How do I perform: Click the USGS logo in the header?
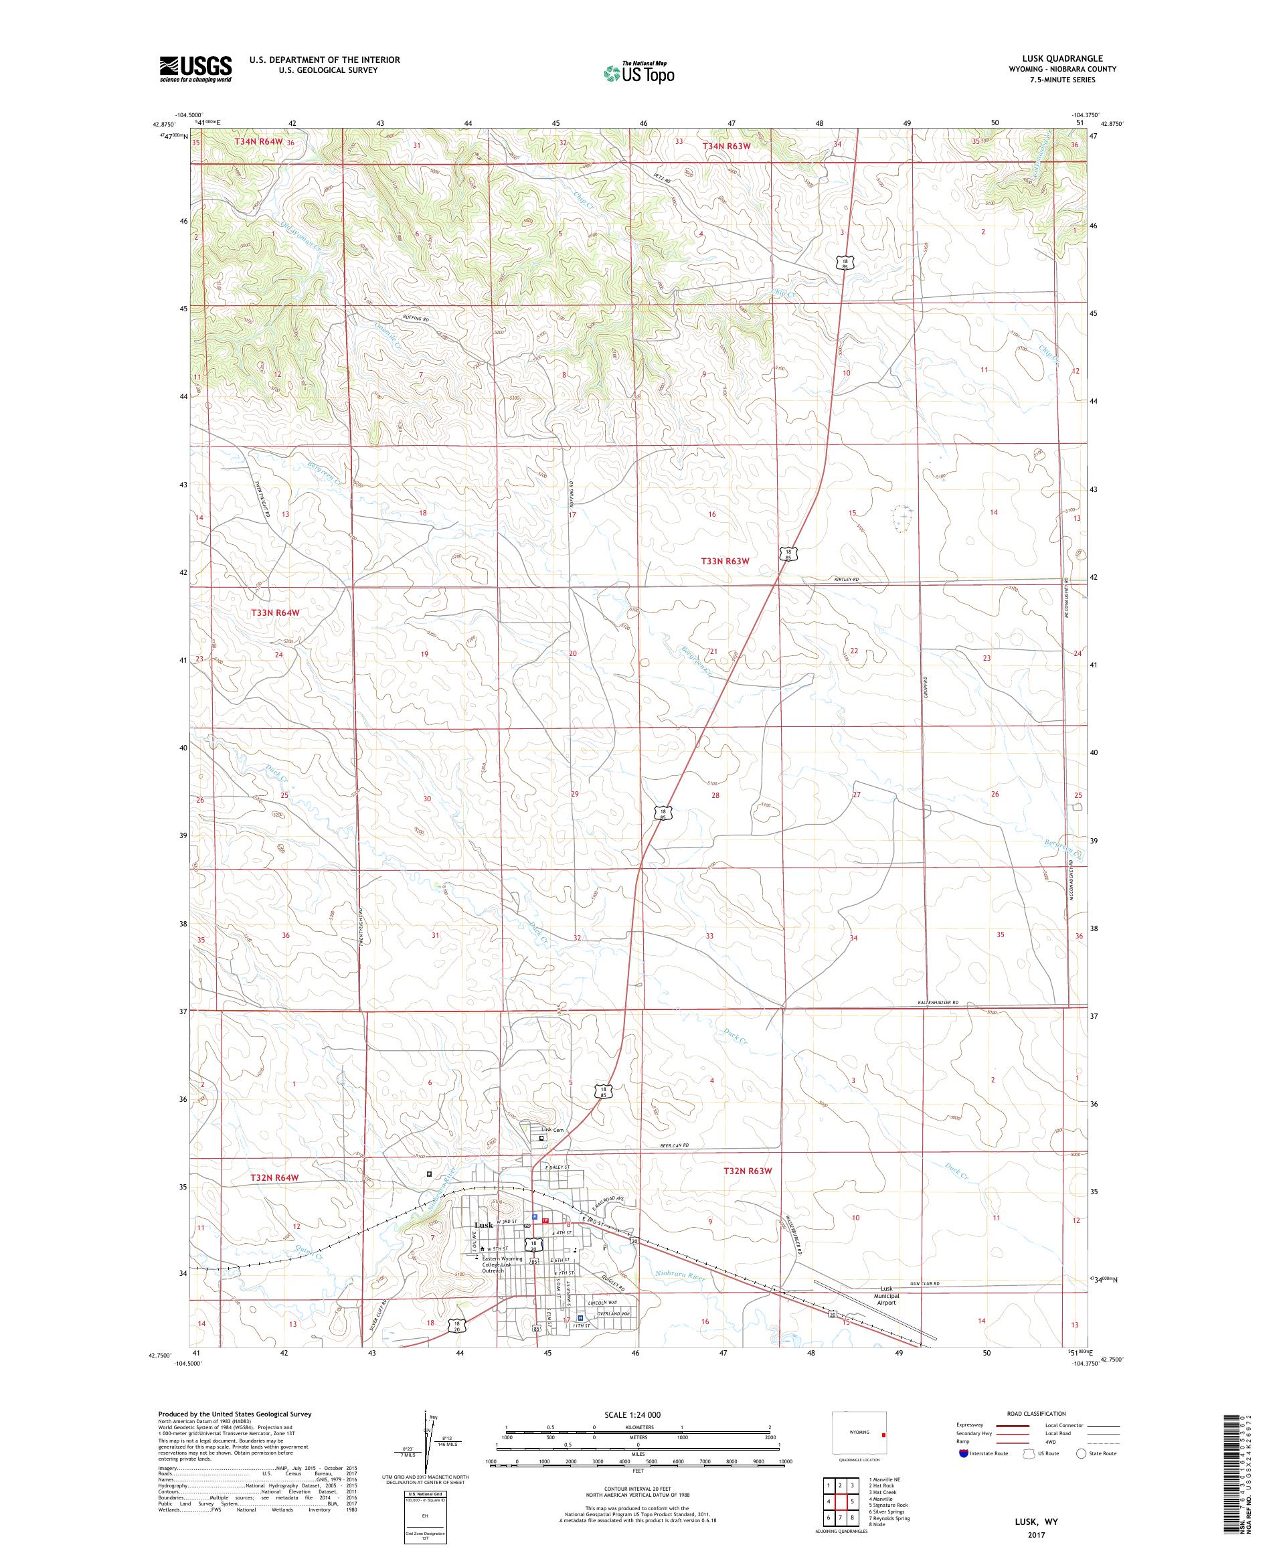(195, 69)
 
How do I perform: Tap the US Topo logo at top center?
(640, 72)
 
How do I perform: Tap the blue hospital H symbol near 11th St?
(580, 1318)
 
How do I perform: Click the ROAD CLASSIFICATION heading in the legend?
(1035, 1413)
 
